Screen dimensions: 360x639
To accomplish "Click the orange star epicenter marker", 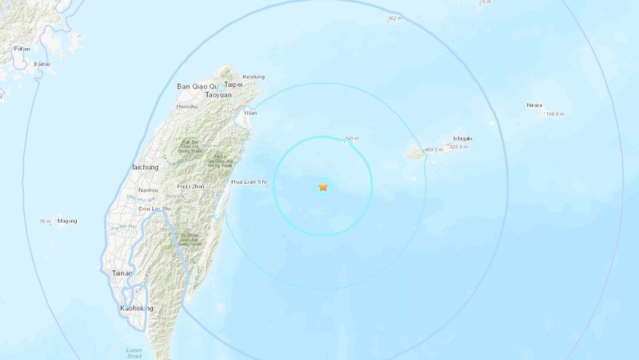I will coord(323,187).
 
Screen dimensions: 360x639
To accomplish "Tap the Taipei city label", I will coord(235,85).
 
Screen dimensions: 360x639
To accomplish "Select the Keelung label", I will coord(254,76).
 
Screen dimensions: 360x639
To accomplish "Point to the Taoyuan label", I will coord(217,94).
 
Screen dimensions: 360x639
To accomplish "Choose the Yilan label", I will coord(250,112).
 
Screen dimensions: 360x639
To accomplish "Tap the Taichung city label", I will coord(145,167).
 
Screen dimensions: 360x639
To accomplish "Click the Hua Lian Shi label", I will coord(249,182).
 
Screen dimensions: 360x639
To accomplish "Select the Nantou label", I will coord(147,189).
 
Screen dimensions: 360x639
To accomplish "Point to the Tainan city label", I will coord(122,273).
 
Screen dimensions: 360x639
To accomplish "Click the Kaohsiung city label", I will coord(136,308).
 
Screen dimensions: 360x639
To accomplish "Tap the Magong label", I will coord(67,221).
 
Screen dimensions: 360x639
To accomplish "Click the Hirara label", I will coord(534,105).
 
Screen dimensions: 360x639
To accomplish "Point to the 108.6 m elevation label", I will coord(554,114).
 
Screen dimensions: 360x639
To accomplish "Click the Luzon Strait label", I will coord(134,352).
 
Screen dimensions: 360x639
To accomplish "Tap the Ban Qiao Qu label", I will coord(194,85).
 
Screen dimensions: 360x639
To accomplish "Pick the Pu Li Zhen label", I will coord(190,187).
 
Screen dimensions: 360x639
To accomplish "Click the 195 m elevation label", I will coord(352,138).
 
